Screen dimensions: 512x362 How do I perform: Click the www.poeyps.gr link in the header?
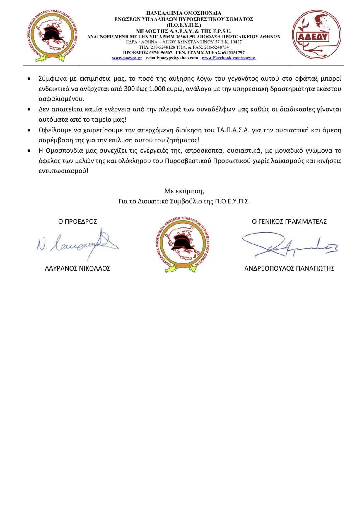[127, 58]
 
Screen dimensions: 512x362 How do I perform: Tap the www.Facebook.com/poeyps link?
[228, 58]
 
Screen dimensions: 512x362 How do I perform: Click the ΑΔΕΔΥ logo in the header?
[316, 35]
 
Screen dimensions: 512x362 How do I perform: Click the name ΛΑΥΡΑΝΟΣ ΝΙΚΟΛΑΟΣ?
[78, 268]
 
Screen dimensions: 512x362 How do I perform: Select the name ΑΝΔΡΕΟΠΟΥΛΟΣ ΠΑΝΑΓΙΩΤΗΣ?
[289, 268]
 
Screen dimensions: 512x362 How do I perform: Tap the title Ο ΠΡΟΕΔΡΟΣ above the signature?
[78, 222]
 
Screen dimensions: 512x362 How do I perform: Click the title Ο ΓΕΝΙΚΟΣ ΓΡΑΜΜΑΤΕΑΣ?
[289, 222]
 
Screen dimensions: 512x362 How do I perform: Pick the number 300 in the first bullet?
[129, 89]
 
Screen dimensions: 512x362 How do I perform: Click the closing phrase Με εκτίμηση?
[184, 191]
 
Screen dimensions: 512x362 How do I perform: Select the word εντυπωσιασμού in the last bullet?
[63, 171]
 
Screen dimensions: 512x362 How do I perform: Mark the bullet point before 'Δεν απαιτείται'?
[29, 110]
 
